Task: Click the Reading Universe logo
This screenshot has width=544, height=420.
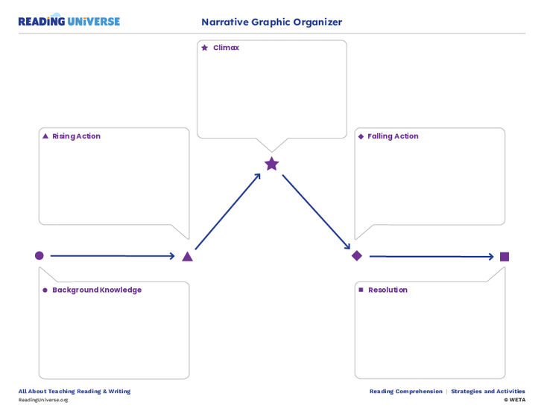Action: (x=69, y=22)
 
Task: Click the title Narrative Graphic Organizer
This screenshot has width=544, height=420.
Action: (x=271, y=22)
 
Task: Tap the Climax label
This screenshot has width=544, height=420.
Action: (x=226, y=48)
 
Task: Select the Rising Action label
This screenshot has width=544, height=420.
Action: (x=76, y=136)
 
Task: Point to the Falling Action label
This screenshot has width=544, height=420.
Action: (x=393, y=136)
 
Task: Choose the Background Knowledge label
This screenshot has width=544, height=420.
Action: (x=96, y=290)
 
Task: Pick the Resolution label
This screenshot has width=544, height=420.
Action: (x=388, y=290)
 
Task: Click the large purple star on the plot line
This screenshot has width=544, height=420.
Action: (x=271, y=164)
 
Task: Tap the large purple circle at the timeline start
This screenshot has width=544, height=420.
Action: (x=39, y=255)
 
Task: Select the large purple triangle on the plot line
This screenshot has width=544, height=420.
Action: (x=188, y=256)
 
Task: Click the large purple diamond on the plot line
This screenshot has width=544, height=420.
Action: (x=357, y=255)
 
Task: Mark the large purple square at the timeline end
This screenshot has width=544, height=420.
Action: (x=505, y=256)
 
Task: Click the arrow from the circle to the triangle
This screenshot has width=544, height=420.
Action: (x=112, y=256)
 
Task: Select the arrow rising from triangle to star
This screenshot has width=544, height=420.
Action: (x=228, y=211)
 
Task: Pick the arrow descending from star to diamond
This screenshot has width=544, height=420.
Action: (x=316, y=212)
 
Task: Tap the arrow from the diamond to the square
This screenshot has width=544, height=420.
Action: (x=431, y=256)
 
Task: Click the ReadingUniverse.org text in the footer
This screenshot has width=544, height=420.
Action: (x=43, y=400)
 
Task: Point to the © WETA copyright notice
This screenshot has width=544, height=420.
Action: (x=514, y=400)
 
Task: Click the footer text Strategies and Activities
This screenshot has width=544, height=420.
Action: (x=487, y=391)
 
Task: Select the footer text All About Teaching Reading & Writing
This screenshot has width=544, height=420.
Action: (x=75, y=391)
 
